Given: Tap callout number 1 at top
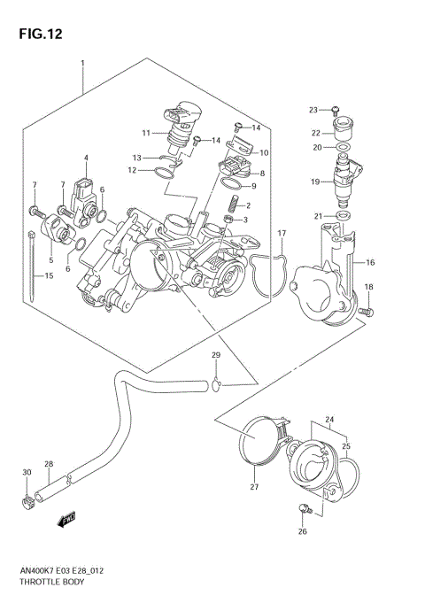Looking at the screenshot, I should pos(82,64).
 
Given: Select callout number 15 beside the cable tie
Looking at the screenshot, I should pos(49,276).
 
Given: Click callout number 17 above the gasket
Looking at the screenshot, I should pos(281,233).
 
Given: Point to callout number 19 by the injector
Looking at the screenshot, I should pos(313,182).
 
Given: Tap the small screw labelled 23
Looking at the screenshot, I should pos(336,109).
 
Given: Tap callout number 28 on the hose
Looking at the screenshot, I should pos(49,465).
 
